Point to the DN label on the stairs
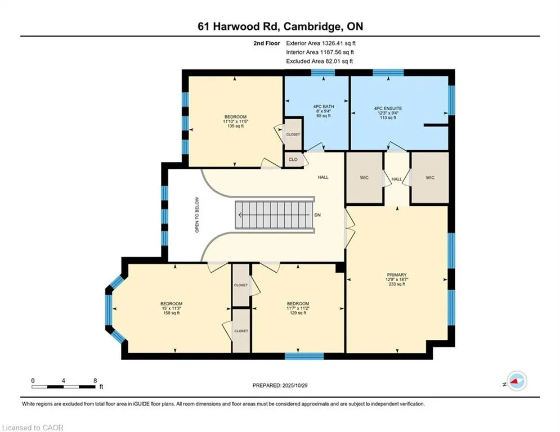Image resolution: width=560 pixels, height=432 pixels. pos(317,215)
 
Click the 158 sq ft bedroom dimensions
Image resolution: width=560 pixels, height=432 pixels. pos(171,308)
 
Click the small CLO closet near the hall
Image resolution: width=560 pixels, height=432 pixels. pos(293,160)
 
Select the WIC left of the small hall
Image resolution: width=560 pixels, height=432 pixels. pos(364,178)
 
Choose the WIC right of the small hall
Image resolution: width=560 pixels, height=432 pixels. pos(430,178)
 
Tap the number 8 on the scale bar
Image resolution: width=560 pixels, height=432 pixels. pos(95,380)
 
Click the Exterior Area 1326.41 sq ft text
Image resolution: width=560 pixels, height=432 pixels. pos(321,43)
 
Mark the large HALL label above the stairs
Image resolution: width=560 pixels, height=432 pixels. pos(323,177)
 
